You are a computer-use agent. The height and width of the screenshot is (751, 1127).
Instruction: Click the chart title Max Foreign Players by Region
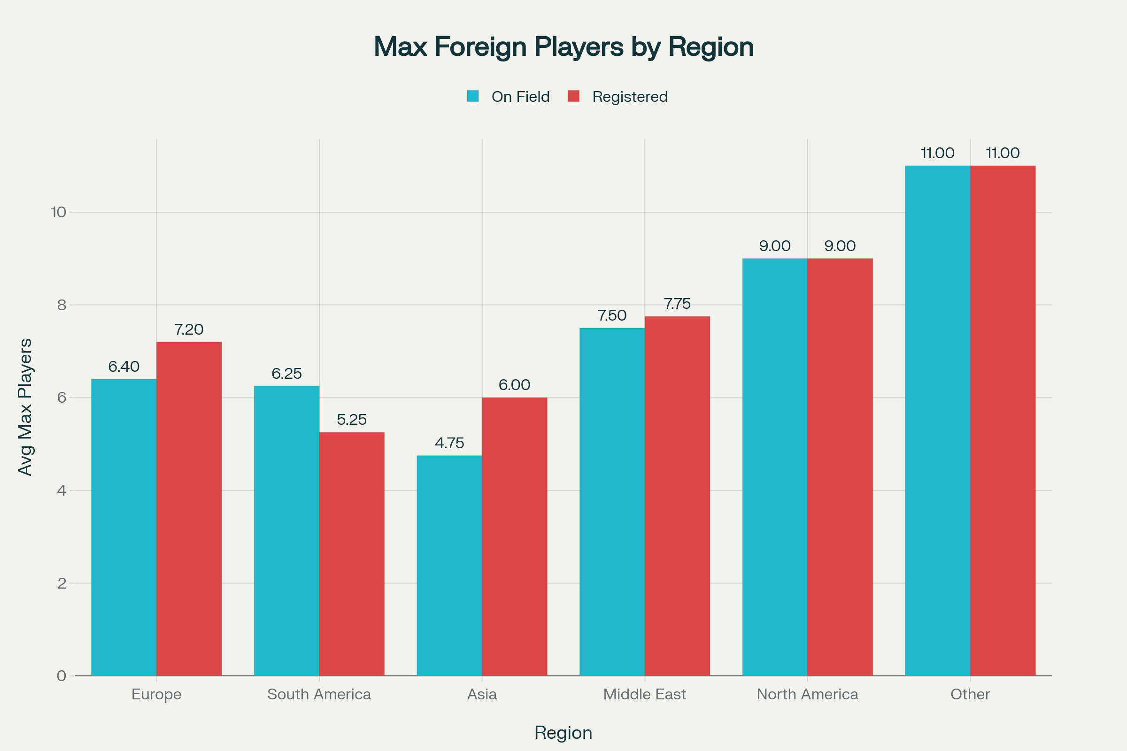tap(563, 47)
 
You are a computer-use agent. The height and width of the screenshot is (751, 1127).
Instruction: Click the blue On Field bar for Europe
tap(124, 527)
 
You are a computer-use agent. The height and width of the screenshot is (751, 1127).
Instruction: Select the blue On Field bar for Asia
tap(449, 565)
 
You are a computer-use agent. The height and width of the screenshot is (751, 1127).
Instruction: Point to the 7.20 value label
tap(189, 330)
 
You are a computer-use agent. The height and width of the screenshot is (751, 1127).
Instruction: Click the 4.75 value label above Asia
tap(449, 443)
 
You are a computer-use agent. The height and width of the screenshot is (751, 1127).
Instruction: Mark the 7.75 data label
tap(677, 304)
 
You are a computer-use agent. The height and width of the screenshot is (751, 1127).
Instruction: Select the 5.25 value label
tap(352, 420)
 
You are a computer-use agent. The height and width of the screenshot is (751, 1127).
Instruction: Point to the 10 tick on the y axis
tap(58, 212)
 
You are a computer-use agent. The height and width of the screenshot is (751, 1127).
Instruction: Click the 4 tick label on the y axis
tap(62, 490)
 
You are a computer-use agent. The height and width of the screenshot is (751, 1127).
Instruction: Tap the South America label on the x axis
tap(319, 694)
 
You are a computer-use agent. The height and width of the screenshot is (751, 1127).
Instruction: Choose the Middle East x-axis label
tap(644, 694)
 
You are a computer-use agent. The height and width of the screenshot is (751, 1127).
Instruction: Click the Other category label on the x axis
tap(970, 694)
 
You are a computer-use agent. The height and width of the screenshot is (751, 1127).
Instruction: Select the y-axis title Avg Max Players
tap(25, 407)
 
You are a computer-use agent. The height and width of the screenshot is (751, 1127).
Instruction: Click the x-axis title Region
tap(563, 733)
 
